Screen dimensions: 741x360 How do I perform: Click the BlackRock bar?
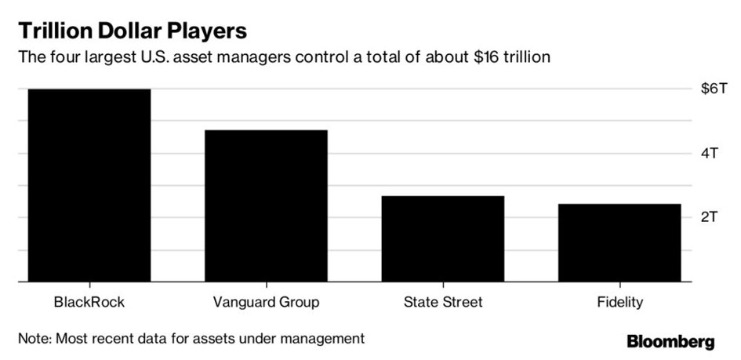pos(89,185)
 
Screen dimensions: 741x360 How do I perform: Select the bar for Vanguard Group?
pos(266,206)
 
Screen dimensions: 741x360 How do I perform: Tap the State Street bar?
pos(443,238)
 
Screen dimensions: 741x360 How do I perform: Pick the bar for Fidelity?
pos(619,243)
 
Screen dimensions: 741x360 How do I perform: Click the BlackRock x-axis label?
pos(89,302)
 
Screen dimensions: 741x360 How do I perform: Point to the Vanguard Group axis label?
pos(266,303)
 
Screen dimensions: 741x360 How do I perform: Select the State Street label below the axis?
pos(443,302)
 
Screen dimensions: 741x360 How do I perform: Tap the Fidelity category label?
pos(619,303)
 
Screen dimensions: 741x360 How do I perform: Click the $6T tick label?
pos(713,89)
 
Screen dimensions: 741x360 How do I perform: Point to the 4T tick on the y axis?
pos(710,154)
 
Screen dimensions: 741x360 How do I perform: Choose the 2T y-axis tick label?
pos(710,217)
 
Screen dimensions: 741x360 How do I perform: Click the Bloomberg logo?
pos(670,341)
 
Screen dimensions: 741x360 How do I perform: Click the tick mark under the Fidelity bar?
pos(619,285)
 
